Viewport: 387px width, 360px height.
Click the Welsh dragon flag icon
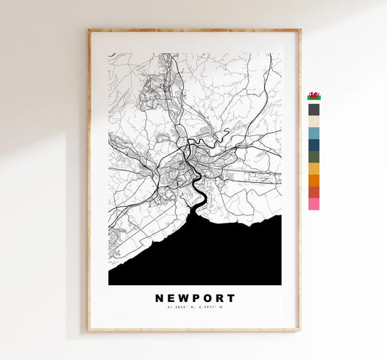(x=314, y=96)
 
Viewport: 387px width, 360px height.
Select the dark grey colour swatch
(x=314, y=110)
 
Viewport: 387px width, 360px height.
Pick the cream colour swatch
(x=314, y=122)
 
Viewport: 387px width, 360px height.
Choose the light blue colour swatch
(x=314, y=134)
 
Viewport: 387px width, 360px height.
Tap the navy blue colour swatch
(x=314, y=145)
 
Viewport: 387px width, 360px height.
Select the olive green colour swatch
(x=314, y=157)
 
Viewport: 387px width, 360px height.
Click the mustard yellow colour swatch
(x=314, y=168)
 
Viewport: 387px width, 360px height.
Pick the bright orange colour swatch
(x=314, y=181)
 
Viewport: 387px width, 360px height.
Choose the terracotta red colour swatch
(x=314, y=192)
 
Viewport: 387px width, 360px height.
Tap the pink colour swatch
(x=314, y=204)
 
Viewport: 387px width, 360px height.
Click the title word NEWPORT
(x=195, y=298)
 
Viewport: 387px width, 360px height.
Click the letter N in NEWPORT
(x=159, y=298)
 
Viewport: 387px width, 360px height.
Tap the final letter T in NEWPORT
(x=231, y=298)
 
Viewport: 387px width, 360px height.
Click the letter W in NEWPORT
(x=183, y=298)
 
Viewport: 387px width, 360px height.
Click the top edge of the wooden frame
(x=195, y=31)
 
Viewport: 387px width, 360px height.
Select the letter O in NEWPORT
(x=207, y=298)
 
